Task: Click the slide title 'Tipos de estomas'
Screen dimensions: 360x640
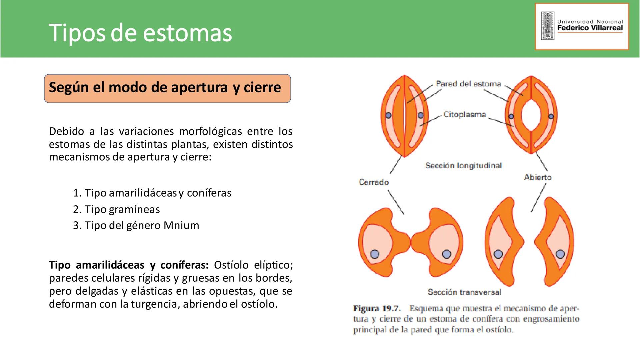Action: pyautogui.click(x=140, y=33)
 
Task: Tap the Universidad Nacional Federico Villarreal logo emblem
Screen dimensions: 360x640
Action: pyautogui.click(x=547, y=26)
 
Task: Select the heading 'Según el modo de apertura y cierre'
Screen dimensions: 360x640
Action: pyautogui.click(x=165, y=88)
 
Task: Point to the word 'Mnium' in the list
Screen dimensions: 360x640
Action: pyautogui.click(x=181, y=225)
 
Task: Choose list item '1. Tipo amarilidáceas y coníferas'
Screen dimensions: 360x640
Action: pyautogui.click(x=152, y=193)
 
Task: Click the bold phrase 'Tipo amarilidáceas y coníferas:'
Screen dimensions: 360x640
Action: pyautogui.click(x=129, y=265)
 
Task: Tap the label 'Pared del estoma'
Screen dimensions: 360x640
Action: pyautogui.click(x=468, y=84)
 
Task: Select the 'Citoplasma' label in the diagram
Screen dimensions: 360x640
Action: pyautogui.click(x=464, y=115)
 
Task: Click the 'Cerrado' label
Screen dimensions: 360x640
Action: pyautogui.click(x=374, y=182)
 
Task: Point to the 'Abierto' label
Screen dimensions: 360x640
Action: pyautogui.click(x=537, y=177)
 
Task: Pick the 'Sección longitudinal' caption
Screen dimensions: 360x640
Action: pyautogui.click(x=463, y=166)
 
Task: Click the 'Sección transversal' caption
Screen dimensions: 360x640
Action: pyautogui.click(x=464, y=292)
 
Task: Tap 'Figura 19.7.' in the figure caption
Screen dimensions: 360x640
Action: pyautogui.click(x=377, y=308)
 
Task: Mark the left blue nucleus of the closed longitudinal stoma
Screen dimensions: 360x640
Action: pyautogui.click(x=389, y=115)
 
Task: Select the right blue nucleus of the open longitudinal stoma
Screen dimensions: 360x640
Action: pyautogui.click(x=551, y=116)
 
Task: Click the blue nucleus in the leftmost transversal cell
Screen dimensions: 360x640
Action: pyautogui.click(x=375, y=254)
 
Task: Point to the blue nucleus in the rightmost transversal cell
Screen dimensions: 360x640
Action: pyautogui.click(x=560, y=254)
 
